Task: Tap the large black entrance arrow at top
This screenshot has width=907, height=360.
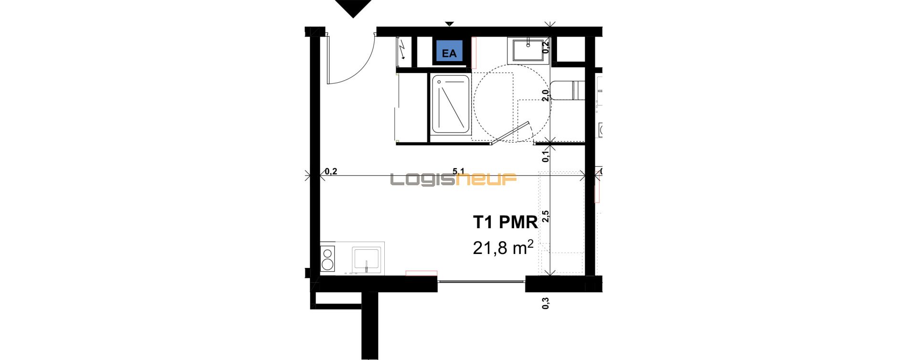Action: [353, 8]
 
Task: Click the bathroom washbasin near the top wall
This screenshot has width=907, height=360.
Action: [528, 50]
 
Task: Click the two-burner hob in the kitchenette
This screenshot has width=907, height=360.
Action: [327, 258]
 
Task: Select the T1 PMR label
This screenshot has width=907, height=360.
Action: [505, 222]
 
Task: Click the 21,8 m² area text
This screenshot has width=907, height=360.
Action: [503, 247]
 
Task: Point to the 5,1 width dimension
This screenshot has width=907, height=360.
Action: [458, 171]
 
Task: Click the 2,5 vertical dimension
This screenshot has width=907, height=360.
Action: [546, 216]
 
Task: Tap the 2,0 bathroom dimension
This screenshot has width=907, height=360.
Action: [546, 95]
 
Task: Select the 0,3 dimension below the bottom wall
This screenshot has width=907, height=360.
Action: [546, 303]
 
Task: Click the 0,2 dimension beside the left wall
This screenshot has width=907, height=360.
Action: [331, 171]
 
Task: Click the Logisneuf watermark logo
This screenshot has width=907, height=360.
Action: [453, 180]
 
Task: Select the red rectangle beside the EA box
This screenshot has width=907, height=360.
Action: [474, 53]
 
